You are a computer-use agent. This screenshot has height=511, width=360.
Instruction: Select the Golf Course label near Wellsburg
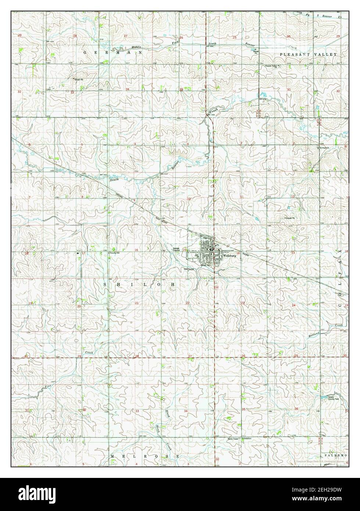click(x=189, y=269)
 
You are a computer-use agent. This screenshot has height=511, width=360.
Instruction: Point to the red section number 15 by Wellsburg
click(x=184, y=250)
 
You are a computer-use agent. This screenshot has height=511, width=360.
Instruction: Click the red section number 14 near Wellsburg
click(x=238, y=253)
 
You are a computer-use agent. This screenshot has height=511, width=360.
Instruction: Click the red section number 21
click(x=136, y=303)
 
